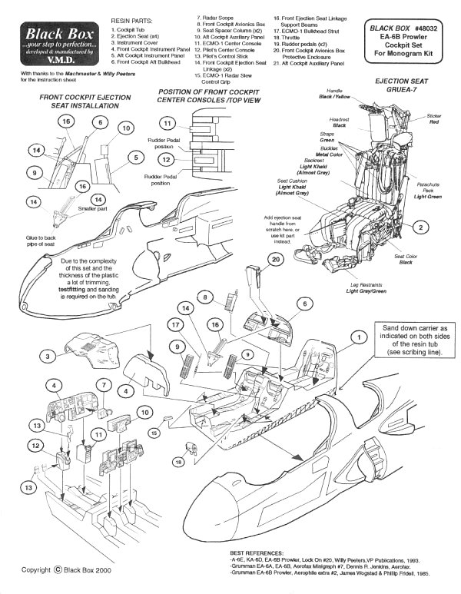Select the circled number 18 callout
(179, 462)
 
